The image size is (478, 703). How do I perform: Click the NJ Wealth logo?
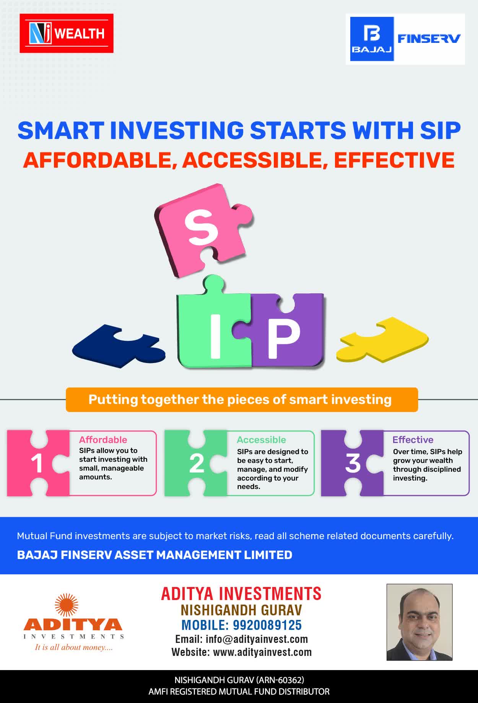67,33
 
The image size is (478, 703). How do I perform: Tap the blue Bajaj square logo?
372,39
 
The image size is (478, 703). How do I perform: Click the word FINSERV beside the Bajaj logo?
429,39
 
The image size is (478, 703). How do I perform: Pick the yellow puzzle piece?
382,339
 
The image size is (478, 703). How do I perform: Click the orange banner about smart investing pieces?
242,400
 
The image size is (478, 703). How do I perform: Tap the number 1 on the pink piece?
37,464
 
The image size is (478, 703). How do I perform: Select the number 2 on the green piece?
197,464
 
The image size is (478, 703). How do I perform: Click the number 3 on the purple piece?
353,463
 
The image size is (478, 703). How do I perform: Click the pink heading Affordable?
103,440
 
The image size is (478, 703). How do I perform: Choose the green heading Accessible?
261,440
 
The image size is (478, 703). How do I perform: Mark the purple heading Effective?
413,440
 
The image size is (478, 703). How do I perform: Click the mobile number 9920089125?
267,625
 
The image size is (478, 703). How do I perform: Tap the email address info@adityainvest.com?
257,639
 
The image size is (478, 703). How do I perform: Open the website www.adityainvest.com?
262,652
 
